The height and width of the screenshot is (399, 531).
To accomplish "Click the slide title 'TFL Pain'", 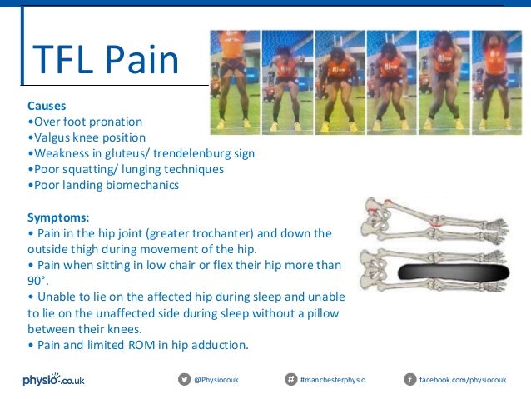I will (x=105, y=60).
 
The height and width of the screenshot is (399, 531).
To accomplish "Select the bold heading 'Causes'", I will (x=47, y=107).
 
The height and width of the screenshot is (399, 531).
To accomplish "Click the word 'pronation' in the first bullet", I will (x=114, y=122).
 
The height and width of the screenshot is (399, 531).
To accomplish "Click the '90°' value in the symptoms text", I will (x=38, y=282).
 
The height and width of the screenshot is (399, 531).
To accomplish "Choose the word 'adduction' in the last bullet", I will (x=221, y=345).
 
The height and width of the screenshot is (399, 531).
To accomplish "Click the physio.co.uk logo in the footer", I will (x=53, y=380).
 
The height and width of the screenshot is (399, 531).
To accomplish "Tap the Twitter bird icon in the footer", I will (x=184, y=380).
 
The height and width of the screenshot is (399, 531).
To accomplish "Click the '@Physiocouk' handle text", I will (x=216, y=380).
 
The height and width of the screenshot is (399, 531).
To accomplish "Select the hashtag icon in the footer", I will (x=290, y=380).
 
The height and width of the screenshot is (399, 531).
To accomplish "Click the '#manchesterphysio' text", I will (x=332, y=380).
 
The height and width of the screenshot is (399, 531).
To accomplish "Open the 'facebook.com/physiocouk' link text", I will (x=462, y=380).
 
